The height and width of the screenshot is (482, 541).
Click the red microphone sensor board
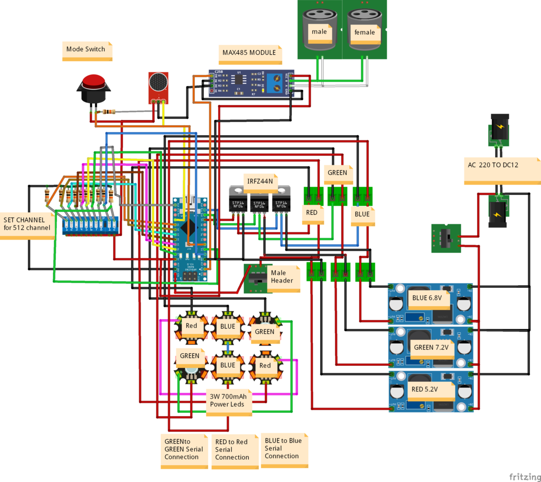tap(158, 87)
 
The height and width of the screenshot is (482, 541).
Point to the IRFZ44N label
tap(260, 181)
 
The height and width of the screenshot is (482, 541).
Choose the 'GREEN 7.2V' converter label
tap(431, 348)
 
